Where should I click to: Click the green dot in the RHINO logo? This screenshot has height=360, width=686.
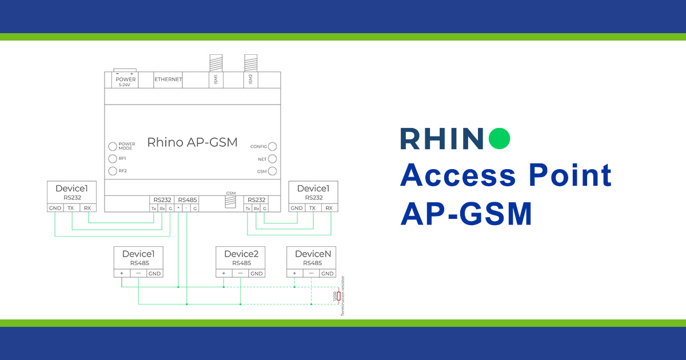(x=499, y=139)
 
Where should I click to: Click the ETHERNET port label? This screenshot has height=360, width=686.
(x=168, y=79)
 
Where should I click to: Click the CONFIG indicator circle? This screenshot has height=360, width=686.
(x=273, y=147)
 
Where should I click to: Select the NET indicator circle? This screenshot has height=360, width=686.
(x=273, y=159)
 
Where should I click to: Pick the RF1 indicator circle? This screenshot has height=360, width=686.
(x=113, y=158)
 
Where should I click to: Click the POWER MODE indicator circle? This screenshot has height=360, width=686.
(x=113, y=146)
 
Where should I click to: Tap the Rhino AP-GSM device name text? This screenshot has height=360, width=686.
(x=192, y=142)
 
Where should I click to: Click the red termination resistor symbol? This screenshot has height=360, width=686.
(x=338, y=296)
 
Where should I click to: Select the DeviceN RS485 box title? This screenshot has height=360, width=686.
(x=313, y=254)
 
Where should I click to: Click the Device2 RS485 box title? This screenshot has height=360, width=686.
(x=241, y=254)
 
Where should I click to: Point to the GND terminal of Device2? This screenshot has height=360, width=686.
(x=257, y=274)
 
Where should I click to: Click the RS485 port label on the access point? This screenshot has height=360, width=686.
(x=188, y=200)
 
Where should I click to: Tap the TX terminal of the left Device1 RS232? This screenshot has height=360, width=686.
(x=71, y=208)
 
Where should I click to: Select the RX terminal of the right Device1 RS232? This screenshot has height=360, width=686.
(x=329, y=208)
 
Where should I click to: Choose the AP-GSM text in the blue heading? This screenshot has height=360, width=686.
(x=466, y=214)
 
